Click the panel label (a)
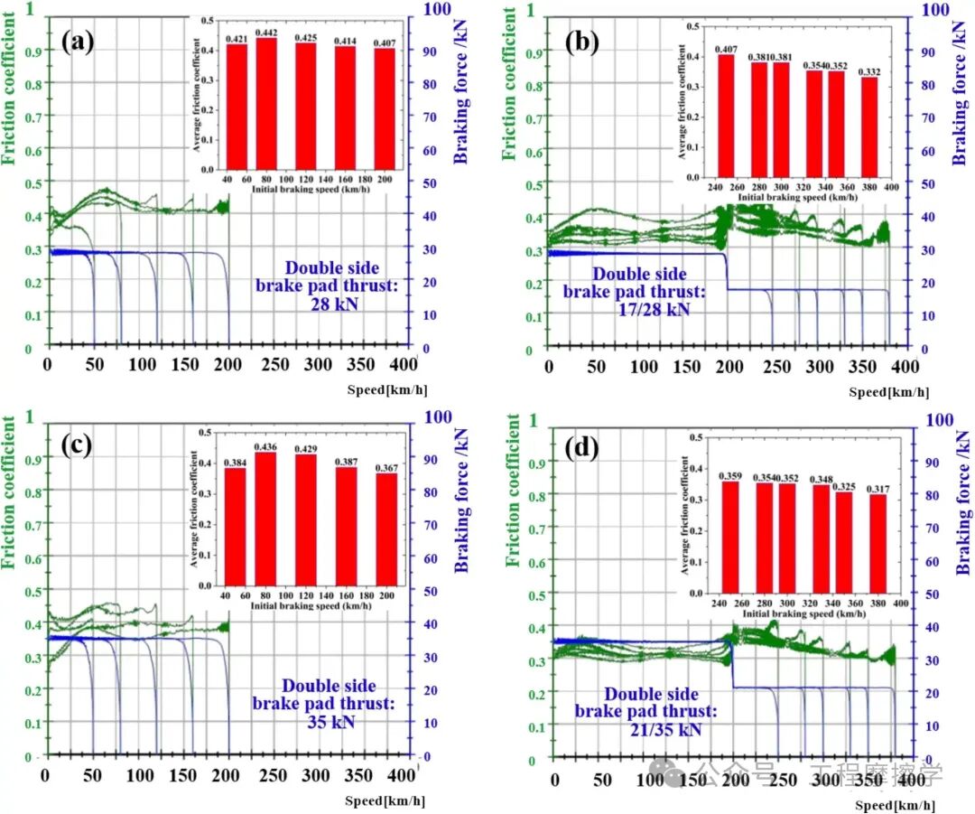(79, 42)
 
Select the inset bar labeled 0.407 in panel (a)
(384, 108)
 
